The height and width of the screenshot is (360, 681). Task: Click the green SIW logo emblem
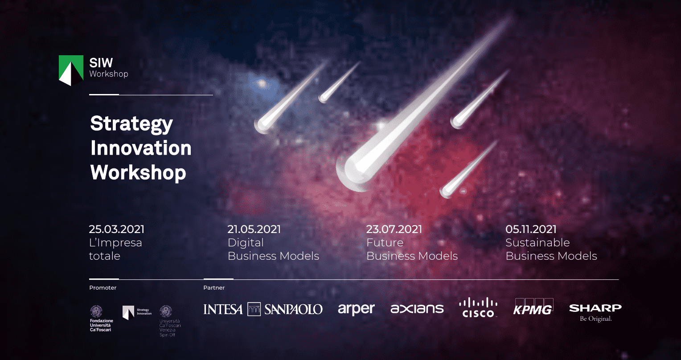(x=71, y=70)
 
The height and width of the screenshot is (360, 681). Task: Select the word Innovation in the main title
(x=141, y=148)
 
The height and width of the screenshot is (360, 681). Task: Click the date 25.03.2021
(x=117, y=229)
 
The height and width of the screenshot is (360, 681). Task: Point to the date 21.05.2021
(x=254, y=229)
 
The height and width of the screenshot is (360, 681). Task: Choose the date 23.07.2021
(x=394, y=229)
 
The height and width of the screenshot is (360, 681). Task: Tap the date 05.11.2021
(x=531, y=229)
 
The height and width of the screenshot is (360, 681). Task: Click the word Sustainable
(x=537, y=243)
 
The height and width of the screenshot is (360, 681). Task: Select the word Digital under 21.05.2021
(x=246, y=243)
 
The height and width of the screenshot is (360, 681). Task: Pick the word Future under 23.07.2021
(x=385, y=243)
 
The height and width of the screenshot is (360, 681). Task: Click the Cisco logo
(x=478, y=308)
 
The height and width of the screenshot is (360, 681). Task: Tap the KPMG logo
(x=533, y=307)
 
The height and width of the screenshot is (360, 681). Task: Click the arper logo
(x=356, y=309)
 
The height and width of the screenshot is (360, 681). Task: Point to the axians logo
(x=417, y=309)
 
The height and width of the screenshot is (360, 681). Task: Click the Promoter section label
(x=103, y=288)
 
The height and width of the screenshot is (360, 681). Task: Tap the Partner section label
(x=214, y=288)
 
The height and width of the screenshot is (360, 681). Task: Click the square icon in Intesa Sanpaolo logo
(x=254, y=309)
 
